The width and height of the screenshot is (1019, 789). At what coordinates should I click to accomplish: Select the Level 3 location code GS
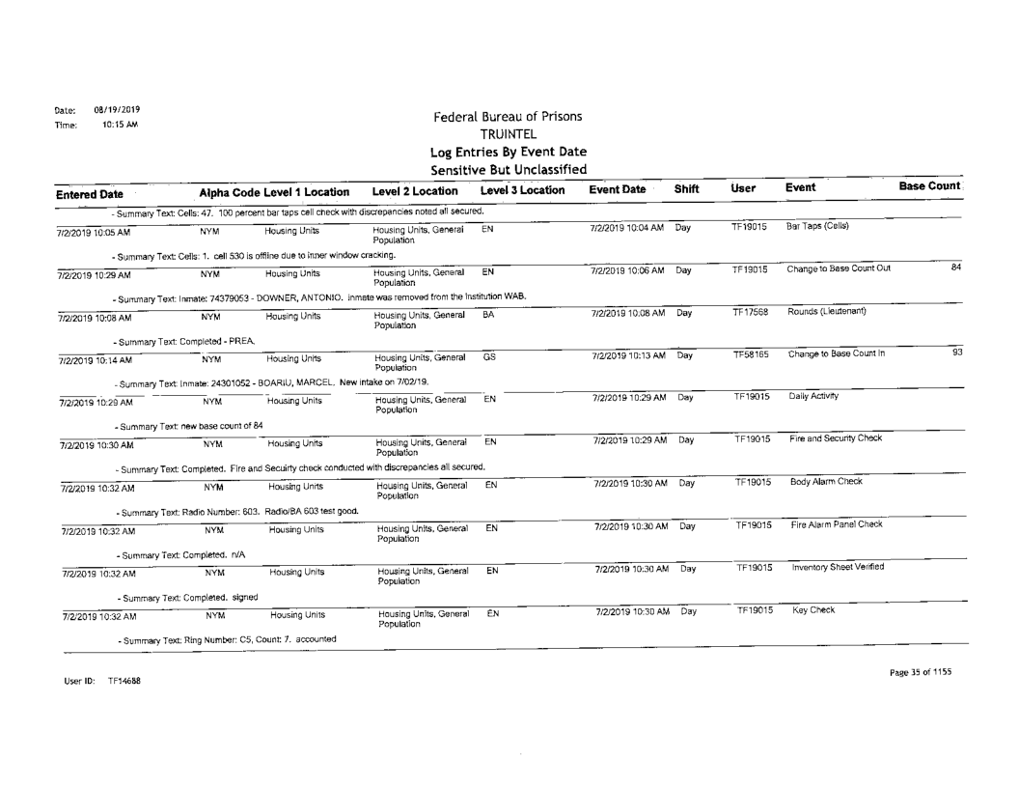(x=488, y=354)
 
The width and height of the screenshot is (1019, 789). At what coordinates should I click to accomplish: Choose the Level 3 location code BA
(x=488, y=310)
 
